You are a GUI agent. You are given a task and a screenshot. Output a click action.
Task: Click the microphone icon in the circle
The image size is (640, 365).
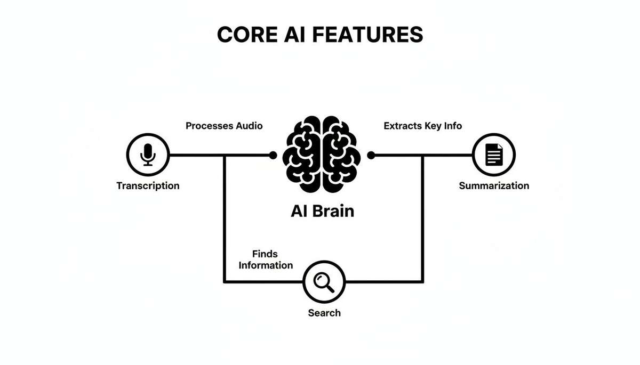[148, 155]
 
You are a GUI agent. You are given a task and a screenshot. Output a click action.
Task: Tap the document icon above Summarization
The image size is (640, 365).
[494, 155]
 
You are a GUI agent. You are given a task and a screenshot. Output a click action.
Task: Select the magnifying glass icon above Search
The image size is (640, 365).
[324, 281]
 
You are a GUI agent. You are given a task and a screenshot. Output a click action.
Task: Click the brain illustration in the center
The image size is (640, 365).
[322, 155]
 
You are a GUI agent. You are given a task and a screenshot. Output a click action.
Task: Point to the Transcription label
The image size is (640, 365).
[148, 186]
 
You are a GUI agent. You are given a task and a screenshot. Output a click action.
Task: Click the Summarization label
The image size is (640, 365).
[494, 186]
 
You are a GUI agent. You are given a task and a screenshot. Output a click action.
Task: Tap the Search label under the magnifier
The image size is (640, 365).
[324, 313]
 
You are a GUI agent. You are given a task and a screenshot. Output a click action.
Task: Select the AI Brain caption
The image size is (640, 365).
[322, 210]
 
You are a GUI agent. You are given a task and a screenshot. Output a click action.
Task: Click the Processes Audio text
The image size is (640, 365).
[224, 126]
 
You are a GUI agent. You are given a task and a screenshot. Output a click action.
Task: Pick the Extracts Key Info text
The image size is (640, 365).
[422, 126]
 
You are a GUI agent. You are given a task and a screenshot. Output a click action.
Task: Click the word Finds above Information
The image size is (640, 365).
[265, 254]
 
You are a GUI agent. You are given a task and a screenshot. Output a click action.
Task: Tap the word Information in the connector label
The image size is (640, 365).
[266, 265]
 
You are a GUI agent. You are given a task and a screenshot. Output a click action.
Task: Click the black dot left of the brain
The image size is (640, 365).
[273, 155]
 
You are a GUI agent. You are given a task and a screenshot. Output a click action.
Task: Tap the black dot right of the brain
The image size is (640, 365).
[371, 155]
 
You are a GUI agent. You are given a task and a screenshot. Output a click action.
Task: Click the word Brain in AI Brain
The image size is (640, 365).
[333, 210]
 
